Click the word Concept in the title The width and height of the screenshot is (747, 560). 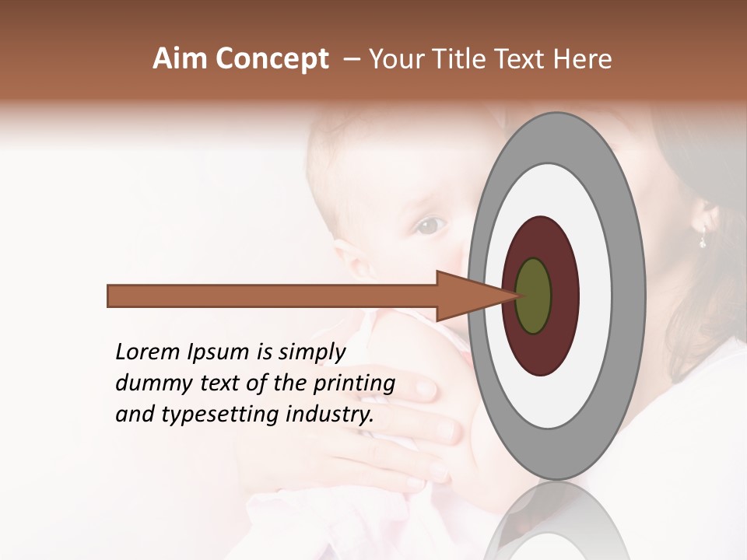click(272, 59)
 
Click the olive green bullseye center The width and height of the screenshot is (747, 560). click(533, 296)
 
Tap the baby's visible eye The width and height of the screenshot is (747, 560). click(430, 226)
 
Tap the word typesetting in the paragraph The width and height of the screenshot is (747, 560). click(226, 415)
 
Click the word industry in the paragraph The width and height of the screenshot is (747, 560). click(331, 415)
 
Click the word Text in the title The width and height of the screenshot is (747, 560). click(522, 59)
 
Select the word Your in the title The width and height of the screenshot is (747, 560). click(395, 59)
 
